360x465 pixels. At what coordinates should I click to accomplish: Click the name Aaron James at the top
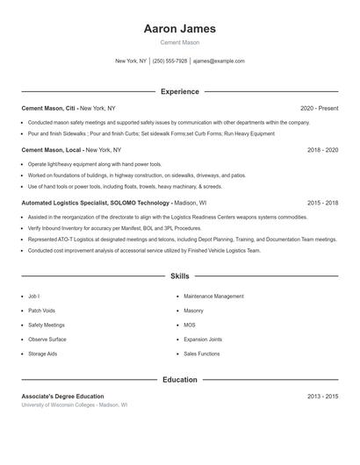[x=179, y=28]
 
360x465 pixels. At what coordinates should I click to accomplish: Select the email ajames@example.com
[x=219, y=61]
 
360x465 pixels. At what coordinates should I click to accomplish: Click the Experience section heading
[x=179, y=91]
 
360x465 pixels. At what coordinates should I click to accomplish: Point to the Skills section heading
[x=179, y=276]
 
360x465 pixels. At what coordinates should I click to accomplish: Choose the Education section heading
[x=179, y=380]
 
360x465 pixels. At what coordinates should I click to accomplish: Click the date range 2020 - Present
[x=319, y=108]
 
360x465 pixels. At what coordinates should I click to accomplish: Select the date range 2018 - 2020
[x=322, y=150]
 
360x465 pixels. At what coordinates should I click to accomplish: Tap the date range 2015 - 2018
[x=322, y=203]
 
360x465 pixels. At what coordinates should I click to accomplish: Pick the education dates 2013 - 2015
[x=322, y=397]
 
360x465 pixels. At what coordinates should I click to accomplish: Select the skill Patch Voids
[x=41, y=311]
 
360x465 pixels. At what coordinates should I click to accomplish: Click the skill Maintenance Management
[x=213, y=297]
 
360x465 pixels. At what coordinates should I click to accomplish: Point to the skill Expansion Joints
[x=203, y=339]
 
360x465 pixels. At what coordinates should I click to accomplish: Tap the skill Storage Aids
[x=42, y=354]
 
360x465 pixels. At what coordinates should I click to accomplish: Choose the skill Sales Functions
[x=202, y=354]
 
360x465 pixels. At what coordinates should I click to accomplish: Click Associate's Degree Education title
[x=62, y=397]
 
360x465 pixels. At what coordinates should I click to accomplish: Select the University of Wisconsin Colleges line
[x=75, y=405]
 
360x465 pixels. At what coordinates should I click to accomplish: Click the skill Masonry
[x=193, y=311]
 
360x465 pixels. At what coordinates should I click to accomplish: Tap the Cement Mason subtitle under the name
[x=179, y=42]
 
